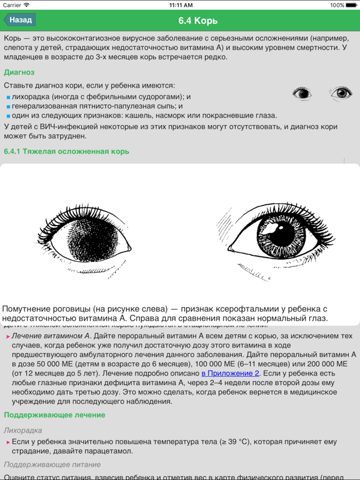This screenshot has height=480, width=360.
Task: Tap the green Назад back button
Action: [x=19, y=20]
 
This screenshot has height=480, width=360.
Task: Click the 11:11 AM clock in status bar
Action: [x=180, y=5]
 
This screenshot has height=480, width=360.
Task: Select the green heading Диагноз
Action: [x=19, y=72]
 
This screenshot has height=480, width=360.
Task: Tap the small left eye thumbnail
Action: [x=302, y=94]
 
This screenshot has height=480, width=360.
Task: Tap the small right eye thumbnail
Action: [x=341, y=94]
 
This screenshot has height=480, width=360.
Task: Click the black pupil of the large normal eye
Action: [x=284, y=234]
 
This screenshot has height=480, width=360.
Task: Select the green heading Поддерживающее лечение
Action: [x=54, y=414]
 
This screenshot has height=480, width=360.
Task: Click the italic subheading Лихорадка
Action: [x=23, y=430]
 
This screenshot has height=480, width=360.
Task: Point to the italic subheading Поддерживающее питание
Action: [x=52, y=464]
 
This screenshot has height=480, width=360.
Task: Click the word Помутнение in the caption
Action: [x=29, y=309]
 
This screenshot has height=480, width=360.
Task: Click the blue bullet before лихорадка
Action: [x=9, y=97]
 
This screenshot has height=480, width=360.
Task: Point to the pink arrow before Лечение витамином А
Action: [x=7, y=337]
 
